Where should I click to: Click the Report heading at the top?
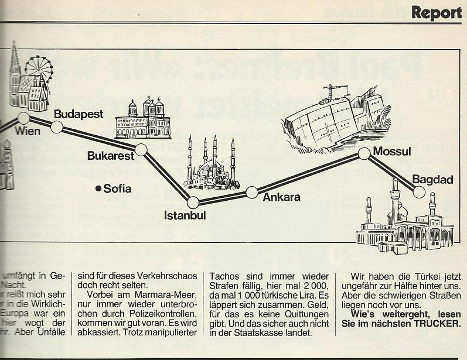436,12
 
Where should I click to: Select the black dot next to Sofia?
98,188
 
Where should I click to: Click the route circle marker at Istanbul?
193,202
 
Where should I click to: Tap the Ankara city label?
281,197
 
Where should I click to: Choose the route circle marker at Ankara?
252,191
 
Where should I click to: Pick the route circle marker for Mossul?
364,154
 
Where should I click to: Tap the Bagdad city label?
432,180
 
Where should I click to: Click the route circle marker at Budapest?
57,127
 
